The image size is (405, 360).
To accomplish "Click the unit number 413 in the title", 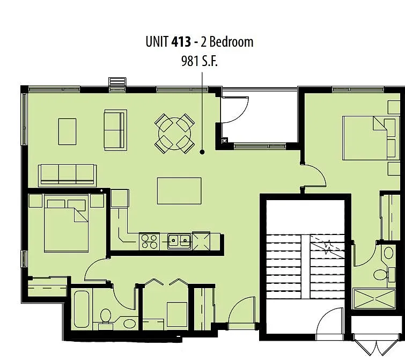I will [x=181, y=42].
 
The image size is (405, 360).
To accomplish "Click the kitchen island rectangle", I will [x=179, y=190].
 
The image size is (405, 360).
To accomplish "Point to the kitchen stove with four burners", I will [x=149, y=241].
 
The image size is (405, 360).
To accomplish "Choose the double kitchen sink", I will [x=179, y=241].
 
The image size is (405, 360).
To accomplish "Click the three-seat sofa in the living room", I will [x=67, y=174].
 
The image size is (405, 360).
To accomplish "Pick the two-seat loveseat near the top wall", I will [x=115, y=129].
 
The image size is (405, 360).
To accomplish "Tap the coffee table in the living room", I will [x=68, y=131].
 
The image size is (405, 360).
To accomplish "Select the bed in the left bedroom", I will [x=66, y=225].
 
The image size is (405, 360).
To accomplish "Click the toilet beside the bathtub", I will [x=105, y=317].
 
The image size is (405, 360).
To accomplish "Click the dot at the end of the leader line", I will [x=203, y=152].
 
